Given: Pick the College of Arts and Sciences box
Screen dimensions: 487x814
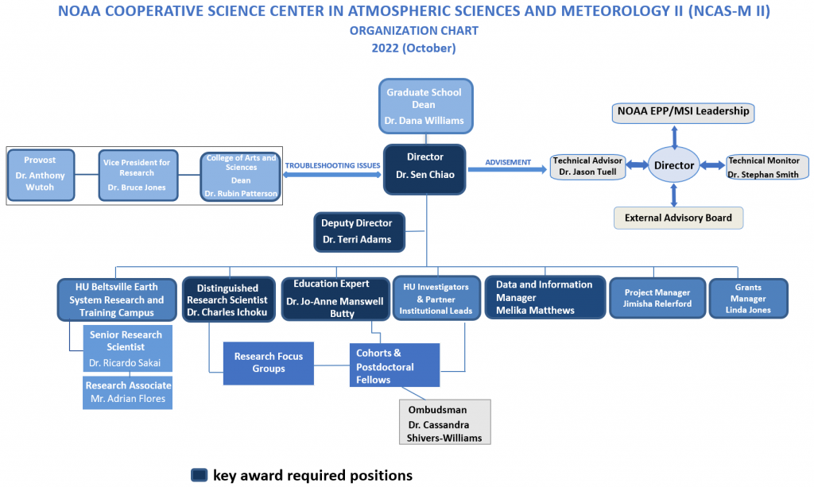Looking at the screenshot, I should coord(241,176).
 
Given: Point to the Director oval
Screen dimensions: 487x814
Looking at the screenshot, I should coord(674,165).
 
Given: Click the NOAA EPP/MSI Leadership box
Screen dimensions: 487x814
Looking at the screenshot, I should coord(683,112).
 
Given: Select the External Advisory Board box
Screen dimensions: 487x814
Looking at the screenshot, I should coord(678,218).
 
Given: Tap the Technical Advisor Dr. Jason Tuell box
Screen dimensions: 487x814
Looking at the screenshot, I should coord(587,167).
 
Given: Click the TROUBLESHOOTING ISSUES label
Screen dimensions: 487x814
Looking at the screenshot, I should coord(332,165).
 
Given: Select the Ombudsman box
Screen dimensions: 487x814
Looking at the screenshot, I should coord(444,421).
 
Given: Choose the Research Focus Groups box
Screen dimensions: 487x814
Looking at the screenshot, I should coord(268,363).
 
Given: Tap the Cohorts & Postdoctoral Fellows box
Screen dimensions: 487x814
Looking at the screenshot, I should coord(394,365).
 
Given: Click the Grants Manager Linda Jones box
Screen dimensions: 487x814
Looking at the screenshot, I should coord(748,299).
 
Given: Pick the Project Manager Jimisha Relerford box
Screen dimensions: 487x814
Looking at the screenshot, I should coord(657,299).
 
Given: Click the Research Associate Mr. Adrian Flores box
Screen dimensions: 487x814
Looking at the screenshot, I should coord(127,392).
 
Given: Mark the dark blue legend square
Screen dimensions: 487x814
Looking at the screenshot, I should coord(199,475).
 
